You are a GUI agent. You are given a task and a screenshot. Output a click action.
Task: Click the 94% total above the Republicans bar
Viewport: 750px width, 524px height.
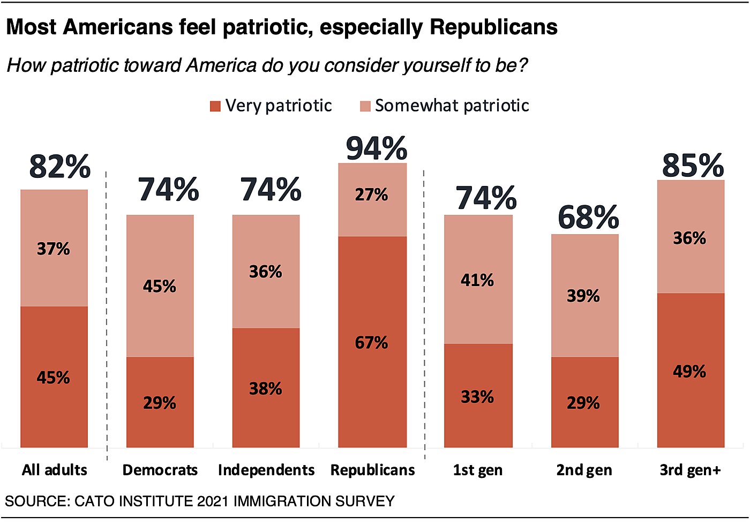(x=377, y=148)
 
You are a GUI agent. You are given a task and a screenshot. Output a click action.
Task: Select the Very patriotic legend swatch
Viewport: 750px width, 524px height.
(x=215, y=106)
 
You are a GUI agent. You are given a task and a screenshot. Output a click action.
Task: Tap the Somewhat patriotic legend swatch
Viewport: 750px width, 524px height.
(x=365, y=106)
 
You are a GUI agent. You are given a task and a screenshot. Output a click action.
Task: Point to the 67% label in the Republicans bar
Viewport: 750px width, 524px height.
(x=371, y=342)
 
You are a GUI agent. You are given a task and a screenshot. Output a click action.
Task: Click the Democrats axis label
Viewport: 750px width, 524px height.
(x=160, y=470)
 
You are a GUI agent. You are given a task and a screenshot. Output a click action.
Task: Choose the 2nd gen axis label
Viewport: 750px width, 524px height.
(x=584, y=470)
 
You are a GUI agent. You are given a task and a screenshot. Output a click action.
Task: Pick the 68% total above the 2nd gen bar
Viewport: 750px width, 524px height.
(x=588, y=217)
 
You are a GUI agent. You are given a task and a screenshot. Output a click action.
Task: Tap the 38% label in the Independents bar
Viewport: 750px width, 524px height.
(x=266, y=388)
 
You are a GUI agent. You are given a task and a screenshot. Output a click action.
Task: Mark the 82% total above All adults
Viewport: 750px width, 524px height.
(x=59, y=166)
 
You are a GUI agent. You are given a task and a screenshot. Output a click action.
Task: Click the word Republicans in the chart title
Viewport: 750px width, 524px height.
(x=493, y=27)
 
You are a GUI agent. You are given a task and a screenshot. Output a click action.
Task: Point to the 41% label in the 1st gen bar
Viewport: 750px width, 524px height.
(x=477, y=280)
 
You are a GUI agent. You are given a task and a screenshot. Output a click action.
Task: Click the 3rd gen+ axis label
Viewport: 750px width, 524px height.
(x=690, y=470)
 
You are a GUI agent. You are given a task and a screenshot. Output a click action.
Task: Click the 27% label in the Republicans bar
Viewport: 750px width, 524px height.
(x=371, y=194)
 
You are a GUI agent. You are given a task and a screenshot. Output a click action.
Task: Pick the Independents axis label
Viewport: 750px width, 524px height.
(x=266, y=470)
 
